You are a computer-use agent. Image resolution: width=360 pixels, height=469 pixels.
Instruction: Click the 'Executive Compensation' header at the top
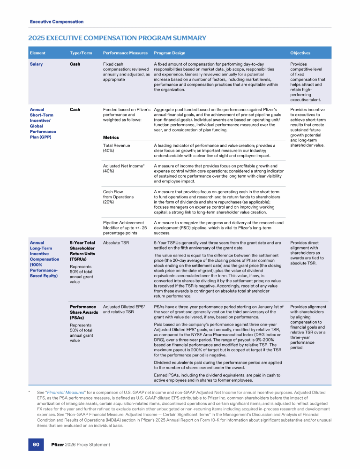(x=56, y=22)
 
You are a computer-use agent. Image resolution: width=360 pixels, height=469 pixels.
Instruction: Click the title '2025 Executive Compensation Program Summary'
(x=117, y=38)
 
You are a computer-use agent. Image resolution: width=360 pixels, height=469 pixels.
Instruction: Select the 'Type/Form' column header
(x=81, y=53)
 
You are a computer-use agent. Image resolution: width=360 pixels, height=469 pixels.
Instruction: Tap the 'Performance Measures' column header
(x=125, y=53)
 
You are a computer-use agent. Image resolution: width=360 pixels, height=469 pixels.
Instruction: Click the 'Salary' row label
(x=36, y=64)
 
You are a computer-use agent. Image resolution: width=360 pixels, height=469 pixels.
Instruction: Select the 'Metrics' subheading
(x=111, y=137)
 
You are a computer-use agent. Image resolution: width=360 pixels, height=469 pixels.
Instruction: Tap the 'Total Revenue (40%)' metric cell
(x=116, y=148)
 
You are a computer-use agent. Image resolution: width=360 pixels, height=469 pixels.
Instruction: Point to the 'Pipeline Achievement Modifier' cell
(x=125, y=228)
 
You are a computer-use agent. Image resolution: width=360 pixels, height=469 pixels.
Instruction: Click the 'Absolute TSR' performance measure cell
(x=116, y=243)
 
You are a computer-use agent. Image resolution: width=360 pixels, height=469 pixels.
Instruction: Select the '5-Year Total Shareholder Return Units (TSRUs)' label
(x=82, y=251)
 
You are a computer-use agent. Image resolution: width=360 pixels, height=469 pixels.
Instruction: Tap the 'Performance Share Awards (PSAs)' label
(x=83, y=312)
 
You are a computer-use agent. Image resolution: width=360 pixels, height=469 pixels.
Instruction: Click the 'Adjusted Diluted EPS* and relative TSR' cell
(x=124, y=310)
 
